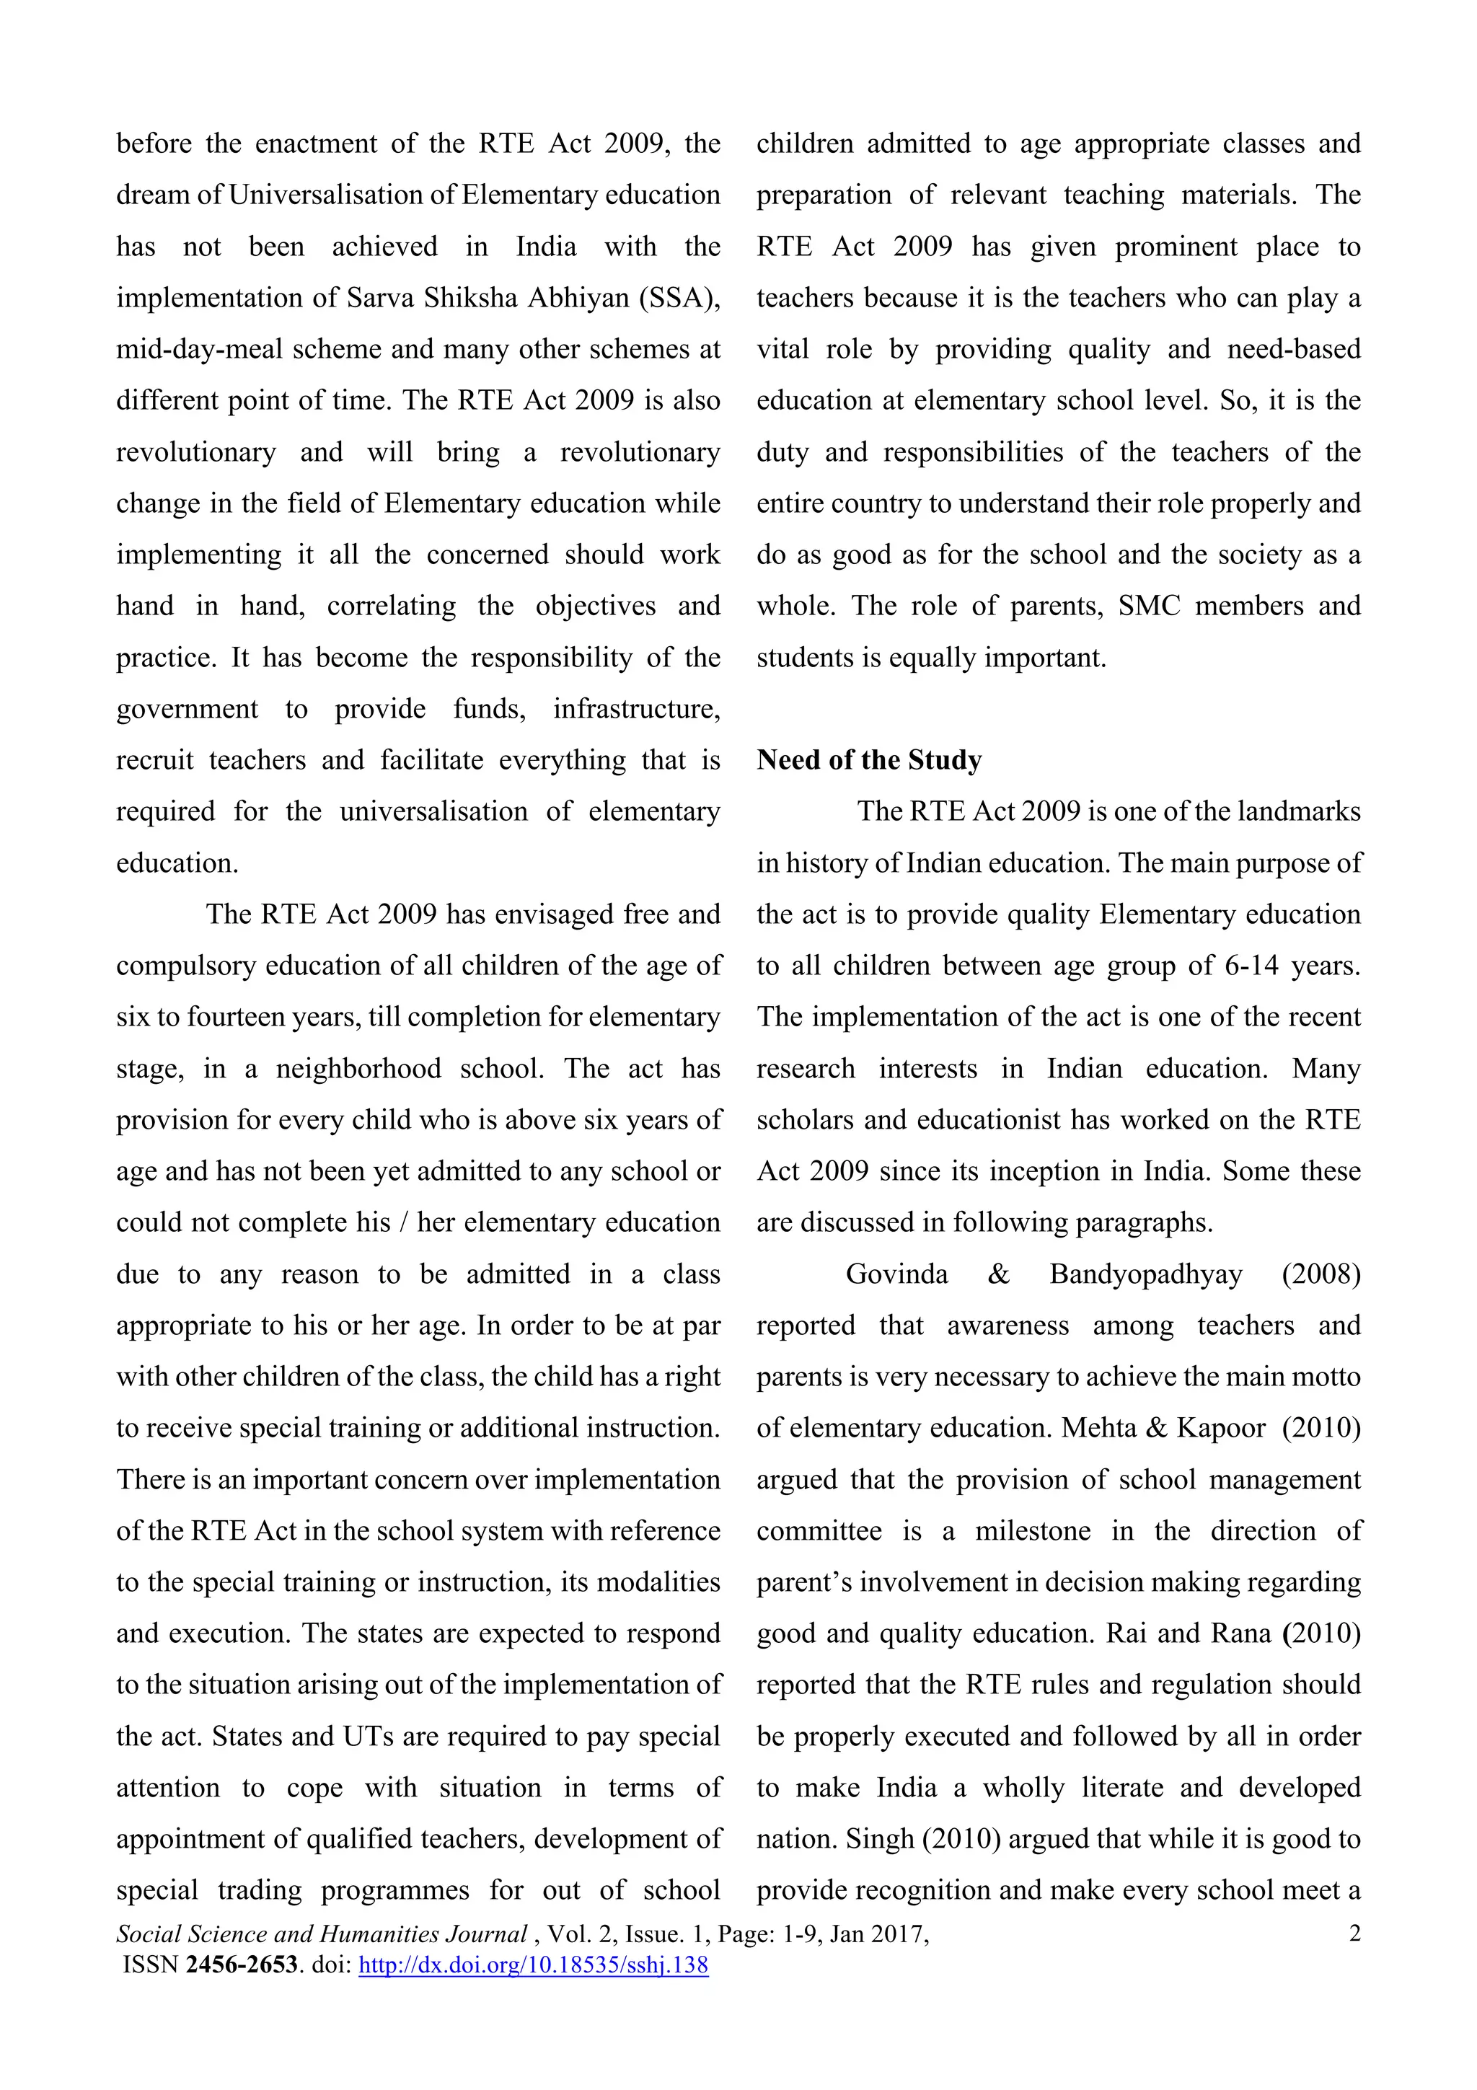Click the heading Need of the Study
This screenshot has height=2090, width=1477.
coord(868,760)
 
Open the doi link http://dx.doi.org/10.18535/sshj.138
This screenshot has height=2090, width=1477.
coord(533,1965)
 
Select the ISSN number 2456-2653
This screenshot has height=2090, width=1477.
coord(241,1965)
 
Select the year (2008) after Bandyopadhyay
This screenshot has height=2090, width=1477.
coord(1321,1274)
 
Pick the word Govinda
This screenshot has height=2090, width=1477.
coord(896,1274)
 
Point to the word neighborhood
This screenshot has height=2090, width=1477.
coord(358,1069)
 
